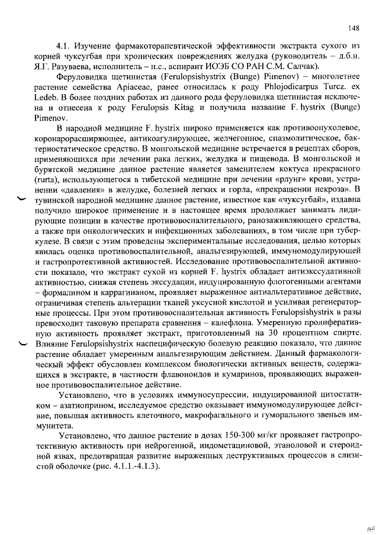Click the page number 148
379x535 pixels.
354,28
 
